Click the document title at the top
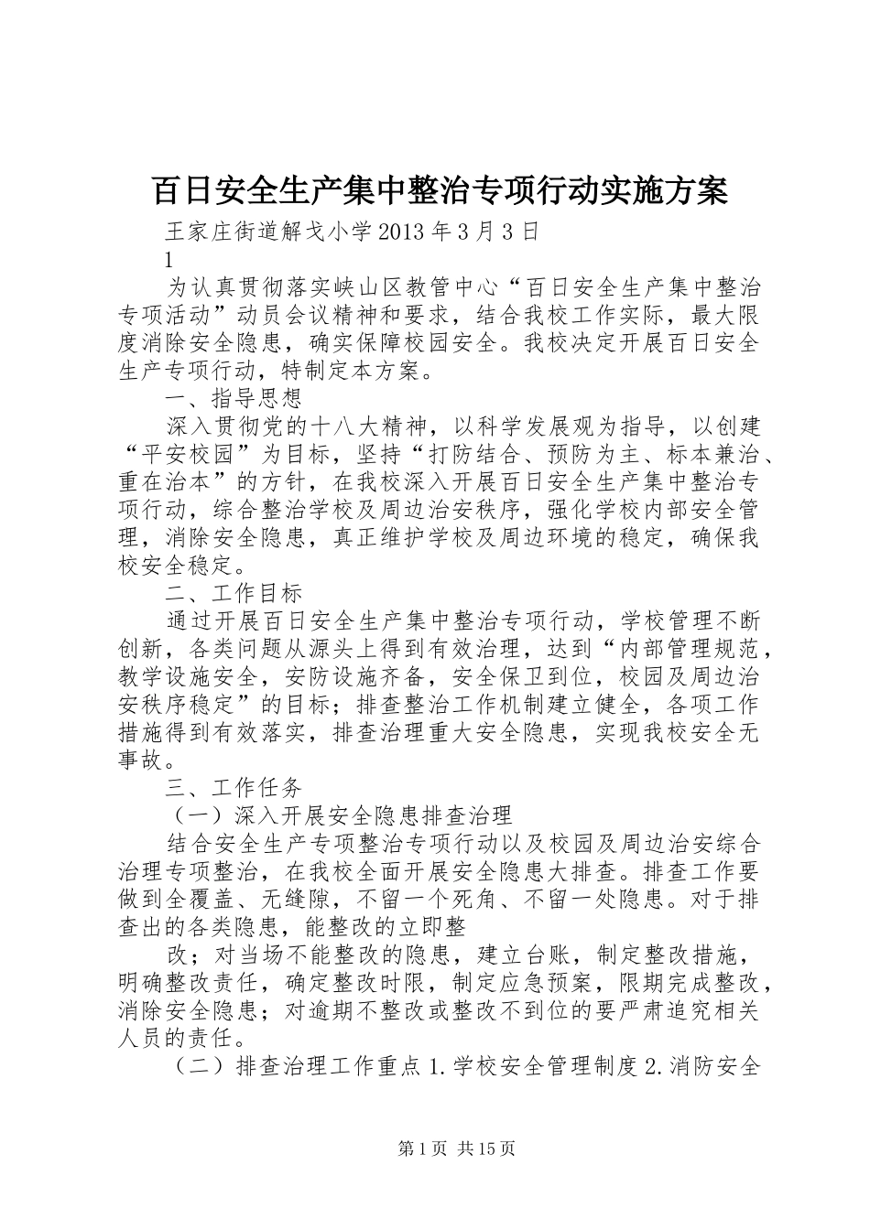coord(438,190)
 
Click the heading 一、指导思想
coord(233,399)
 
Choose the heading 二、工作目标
coord(233,594)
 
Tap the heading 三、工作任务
coord(233,788)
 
